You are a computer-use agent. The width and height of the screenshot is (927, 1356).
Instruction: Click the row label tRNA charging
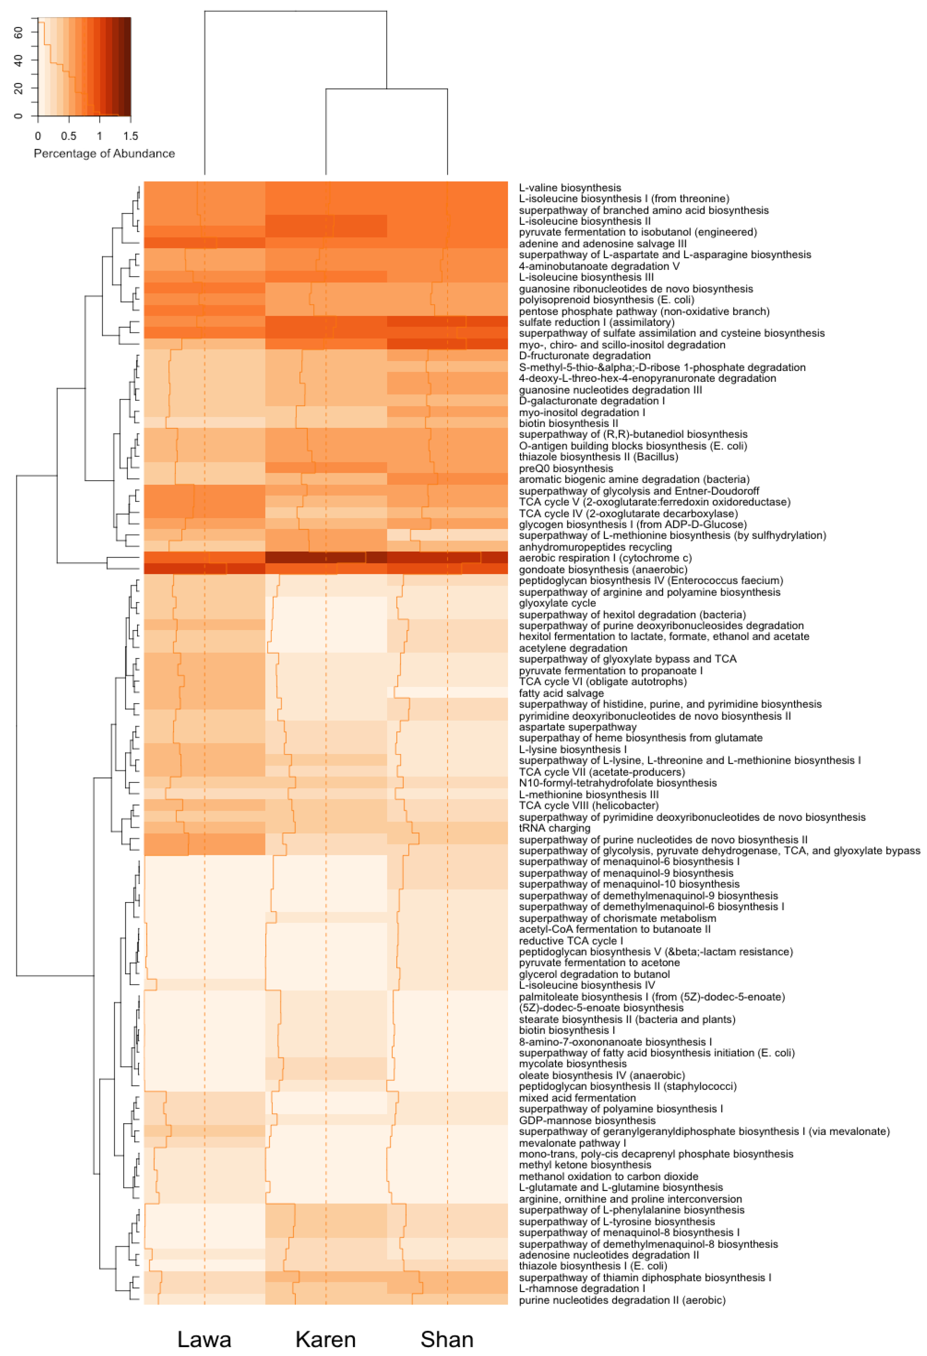(x=554, y=828)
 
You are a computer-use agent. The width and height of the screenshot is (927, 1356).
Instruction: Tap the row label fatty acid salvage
(x=561, y=693)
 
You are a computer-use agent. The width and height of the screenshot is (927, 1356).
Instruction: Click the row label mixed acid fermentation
(x=577, y=1098)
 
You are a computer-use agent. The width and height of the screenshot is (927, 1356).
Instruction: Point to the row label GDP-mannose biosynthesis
(x=587, y=1120)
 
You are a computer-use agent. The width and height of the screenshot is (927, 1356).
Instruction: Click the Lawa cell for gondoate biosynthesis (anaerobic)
(x=204, y=569)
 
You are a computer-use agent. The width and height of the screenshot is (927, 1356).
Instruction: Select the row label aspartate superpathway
(x=578, y=727)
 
